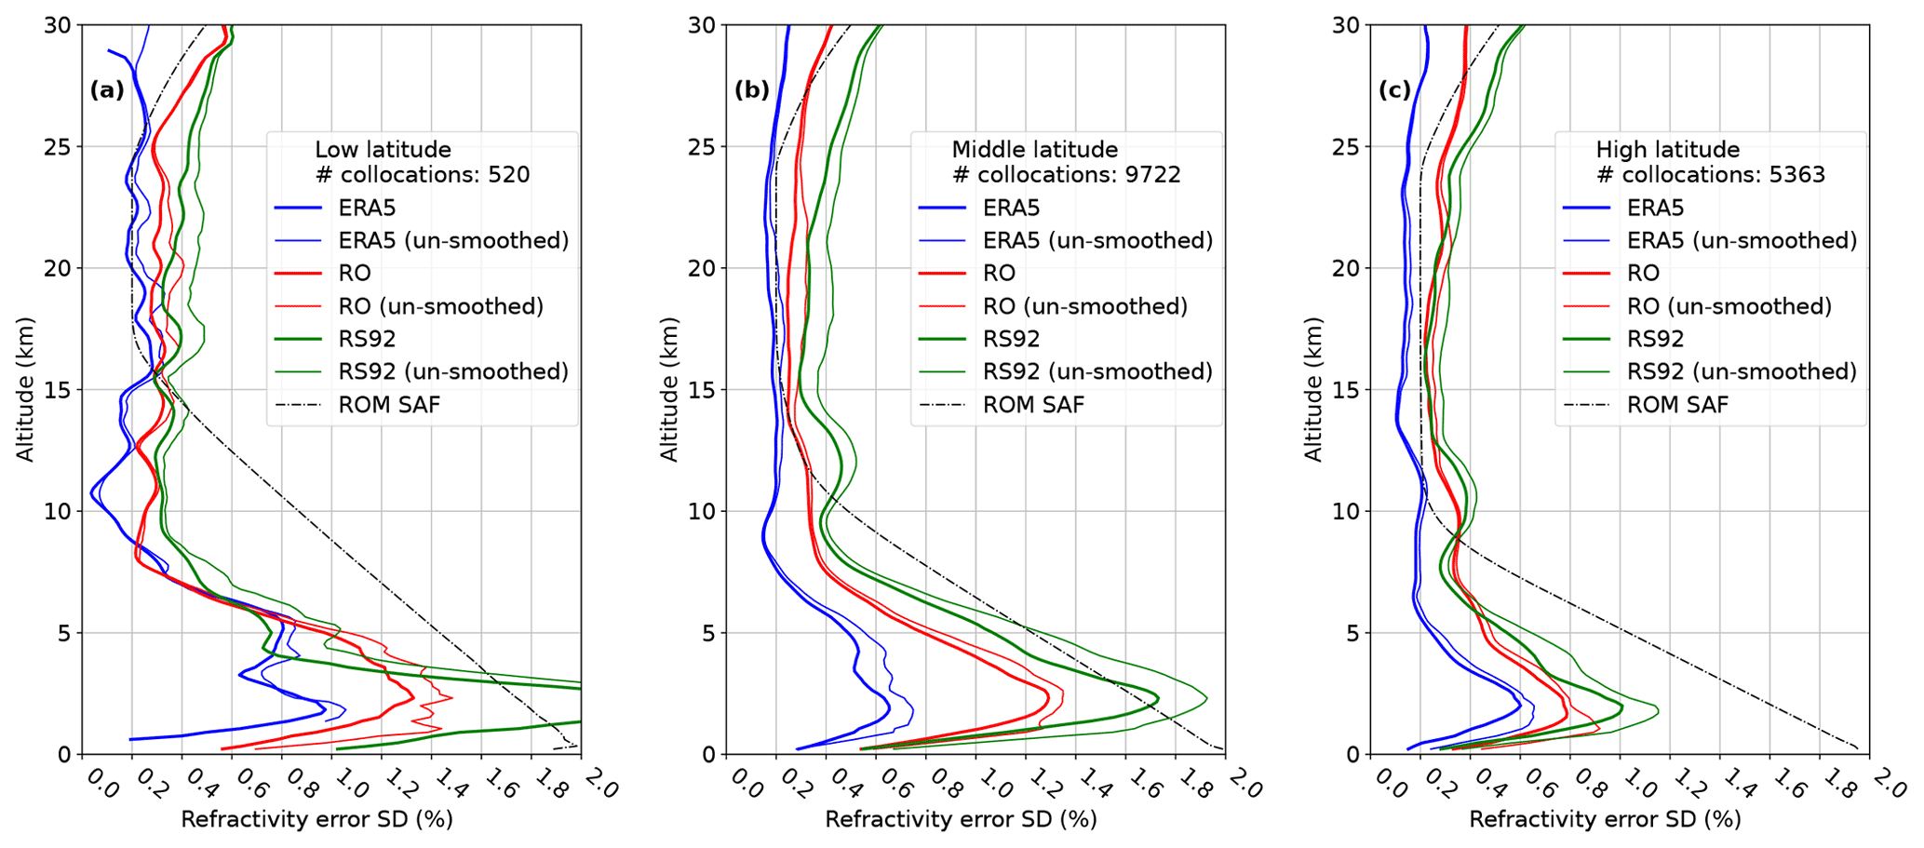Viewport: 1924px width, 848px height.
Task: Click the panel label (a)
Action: point(106,90)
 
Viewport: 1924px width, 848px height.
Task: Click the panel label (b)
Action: point(751,90)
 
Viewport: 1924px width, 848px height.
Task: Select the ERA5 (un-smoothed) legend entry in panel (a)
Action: point(453,241)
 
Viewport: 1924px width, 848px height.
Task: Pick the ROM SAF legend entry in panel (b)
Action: point(1033,405)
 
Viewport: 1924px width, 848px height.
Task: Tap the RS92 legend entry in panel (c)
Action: point(1657,339)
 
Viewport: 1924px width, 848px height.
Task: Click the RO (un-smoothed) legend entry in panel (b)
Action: point(1085,306)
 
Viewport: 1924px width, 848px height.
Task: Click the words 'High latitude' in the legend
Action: point(1667,150)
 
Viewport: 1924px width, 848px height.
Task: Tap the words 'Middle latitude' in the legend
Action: point(1034,150)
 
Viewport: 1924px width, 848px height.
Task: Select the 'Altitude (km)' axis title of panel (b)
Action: point(669,389)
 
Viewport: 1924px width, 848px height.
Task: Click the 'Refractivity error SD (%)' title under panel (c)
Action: point(1605,820)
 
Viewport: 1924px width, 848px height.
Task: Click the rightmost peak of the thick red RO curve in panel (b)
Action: point(1049,697)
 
